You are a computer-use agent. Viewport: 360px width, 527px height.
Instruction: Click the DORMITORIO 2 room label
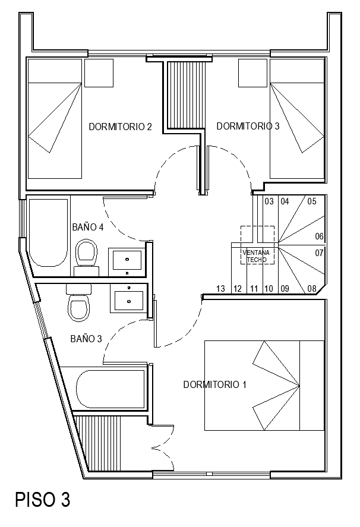tap(121, 127)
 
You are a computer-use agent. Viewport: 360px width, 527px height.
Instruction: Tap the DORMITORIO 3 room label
tap(248, 126)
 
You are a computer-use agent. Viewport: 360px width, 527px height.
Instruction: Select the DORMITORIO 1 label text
tap(214, 384)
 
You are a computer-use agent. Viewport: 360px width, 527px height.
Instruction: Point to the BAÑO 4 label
tap(88, 227)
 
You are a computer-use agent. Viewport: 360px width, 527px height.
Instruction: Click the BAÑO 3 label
tap(86, 339)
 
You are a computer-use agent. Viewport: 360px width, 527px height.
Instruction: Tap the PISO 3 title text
tap(43, 500)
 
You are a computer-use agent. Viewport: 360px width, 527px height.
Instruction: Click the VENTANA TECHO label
tap(257, 256)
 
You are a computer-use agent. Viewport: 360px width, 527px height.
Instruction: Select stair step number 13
tap(221, 289)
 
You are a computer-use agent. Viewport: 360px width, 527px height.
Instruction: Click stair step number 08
tap(312, 289)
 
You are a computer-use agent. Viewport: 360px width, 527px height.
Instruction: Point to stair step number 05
tap(312, 201)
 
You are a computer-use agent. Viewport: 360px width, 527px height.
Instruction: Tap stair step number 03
tap(269, 201)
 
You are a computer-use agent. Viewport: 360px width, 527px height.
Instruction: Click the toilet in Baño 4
tap(87, 254)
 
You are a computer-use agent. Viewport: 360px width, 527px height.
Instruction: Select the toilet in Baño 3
tap(78, 306)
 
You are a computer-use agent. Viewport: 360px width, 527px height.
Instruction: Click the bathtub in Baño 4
tap(49, 233)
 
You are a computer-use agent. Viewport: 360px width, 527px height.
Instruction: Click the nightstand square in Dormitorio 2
tap(98, 72)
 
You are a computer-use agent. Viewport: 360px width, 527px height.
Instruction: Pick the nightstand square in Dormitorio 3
tap(253, 72)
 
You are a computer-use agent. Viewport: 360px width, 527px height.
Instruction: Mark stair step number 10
tap(269, 289)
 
